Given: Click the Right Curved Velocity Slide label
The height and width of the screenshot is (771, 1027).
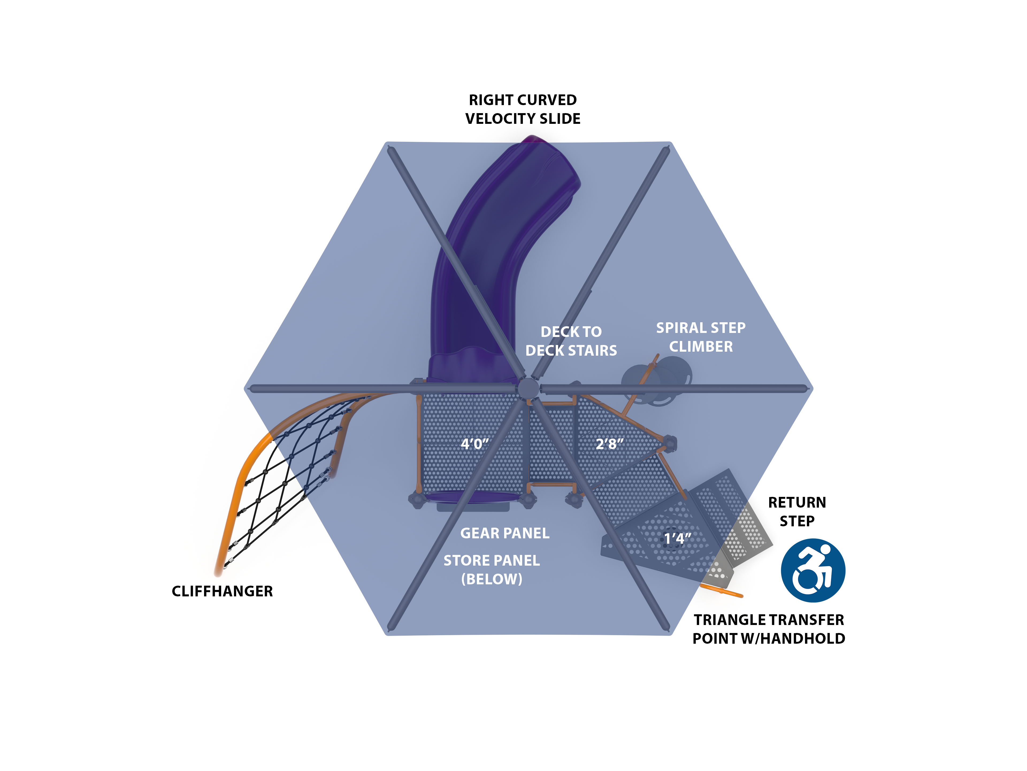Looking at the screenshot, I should point(523,109).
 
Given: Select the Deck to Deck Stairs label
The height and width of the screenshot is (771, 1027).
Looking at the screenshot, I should point(571,341).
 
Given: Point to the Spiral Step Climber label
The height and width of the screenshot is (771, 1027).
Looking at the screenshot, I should point(701,337).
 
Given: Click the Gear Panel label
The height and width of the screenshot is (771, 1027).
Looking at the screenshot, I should point(505,533).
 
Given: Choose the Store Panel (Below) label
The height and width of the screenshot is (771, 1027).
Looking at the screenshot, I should point(492,570).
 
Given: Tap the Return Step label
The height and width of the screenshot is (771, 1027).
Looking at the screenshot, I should point(797,512).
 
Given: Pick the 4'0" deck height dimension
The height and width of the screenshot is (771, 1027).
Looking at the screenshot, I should point(474,444).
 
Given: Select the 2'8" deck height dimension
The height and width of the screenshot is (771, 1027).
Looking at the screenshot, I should point(610,444).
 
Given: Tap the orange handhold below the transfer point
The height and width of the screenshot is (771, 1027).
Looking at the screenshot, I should point(722,591).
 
